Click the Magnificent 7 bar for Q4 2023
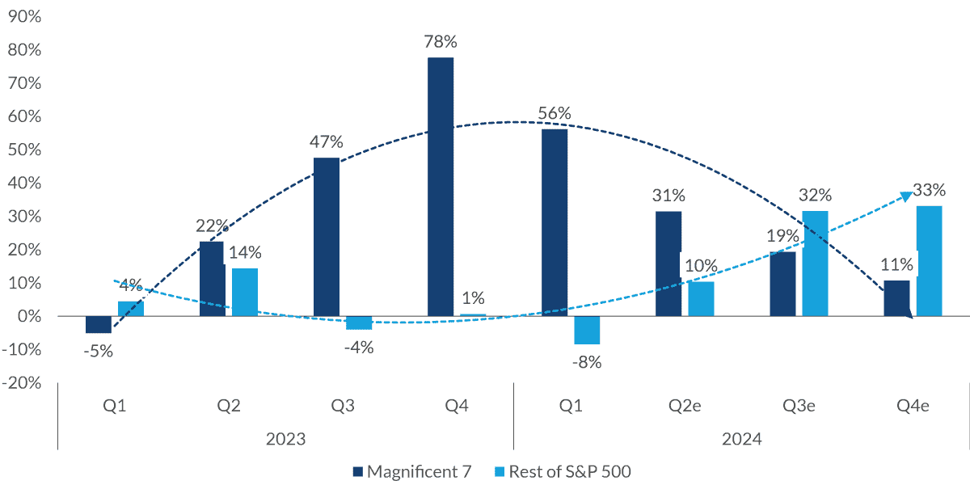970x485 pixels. coord(441,187)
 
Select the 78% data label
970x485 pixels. coord(441,41)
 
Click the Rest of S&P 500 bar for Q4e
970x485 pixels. coord(929,261)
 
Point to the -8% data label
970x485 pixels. coord(587,361)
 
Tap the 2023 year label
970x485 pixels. coord(285,440)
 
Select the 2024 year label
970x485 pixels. coord(741,440)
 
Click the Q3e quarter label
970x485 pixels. coord(799,407)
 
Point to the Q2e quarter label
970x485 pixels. coord(685,407)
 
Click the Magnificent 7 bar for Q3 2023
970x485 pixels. coord(327,237)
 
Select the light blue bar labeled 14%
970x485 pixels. coord(245,292)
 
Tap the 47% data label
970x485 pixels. coord(327,142)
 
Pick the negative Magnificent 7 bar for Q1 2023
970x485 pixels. coord(99,324)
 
